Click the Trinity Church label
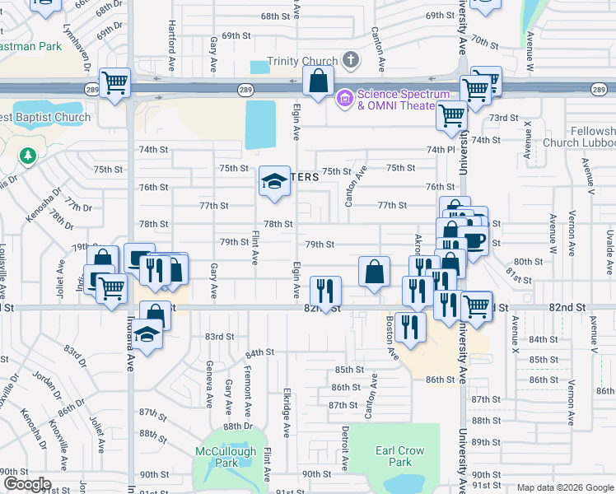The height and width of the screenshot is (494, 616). (x=303, y=62)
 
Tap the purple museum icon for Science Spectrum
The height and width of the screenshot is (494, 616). (x=344, y=99)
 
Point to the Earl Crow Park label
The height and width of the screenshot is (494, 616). (x=399, y=456)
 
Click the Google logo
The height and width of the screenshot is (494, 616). (x=26, y=483)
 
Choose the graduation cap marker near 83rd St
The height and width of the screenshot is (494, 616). (x=147, y=335)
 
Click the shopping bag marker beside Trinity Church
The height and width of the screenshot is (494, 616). (x=318, y=82)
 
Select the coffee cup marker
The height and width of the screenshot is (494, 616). (x=474, y=240)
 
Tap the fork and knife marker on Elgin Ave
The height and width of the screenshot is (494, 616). (x=324, y=291)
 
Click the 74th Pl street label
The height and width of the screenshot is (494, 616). (x=441, y=150)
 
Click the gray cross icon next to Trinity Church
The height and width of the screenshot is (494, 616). (x=351, y=60)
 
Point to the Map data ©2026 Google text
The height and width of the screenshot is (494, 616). (x=565, y=487)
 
